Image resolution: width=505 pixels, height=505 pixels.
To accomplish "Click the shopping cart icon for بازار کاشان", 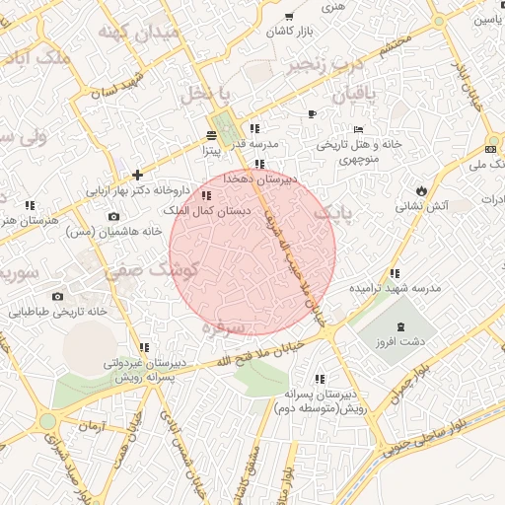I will click(x=289, y=17).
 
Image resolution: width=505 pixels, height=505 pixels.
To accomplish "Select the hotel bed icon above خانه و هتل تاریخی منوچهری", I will click(x=358, y=129).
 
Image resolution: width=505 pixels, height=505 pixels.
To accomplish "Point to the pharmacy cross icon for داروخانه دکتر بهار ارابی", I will click(x=137, y=175).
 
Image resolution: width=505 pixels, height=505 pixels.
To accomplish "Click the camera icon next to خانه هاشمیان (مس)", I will click(x=113, y=216).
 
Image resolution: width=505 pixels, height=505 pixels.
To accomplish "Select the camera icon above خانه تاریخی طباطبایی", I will click(x=57, y=296).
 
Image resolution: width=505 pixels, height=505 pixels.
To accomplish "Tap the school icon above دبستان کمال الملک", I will click(x=204, y=196).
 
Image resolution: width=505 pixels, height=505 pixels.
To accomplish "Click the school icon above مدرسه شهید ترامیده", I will click(x=395, y=273).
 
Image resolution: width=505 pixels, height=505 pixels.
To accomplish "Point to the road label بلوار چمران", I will click(x=409, y=379).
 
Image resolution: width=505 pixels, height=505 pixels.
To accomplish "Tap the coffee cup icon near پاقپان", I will click(x=313, y=113).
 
